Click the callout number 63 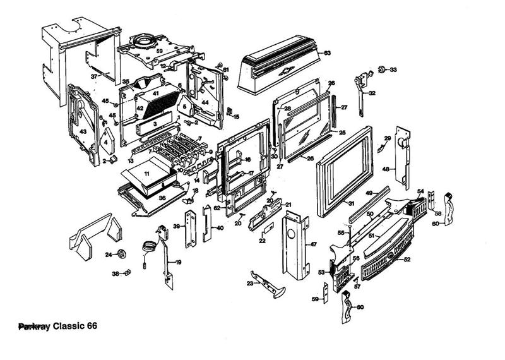(327, 53)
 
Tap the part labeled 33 (383, 68)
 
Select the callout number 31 (350, 203)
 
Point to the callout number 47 (314, 243)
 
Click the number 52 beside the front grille (407, 260)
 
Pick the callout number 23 (250, 284)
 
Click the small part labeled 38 (127, 273)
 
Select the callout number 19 (179, 262)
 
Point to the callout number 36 (162, 198)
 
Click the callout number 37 (95, 76)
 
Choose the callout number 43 (83, 131)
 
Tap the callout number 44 (205, 102)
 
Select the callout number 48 (386, 169)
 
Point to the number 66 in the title (90, 327)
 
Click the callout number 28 (287, 109)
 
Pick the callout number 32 (372, 93)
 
